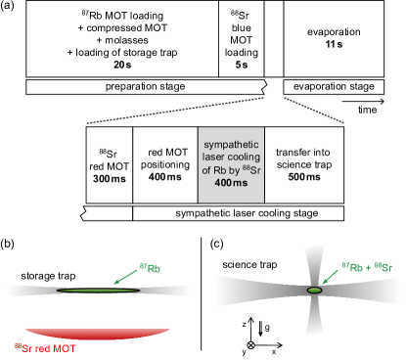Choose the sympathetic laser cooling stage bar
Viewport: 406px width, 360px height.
[x=238, y=213]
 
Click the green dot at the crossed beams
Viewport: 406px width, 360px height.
[x=315, y=291]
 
